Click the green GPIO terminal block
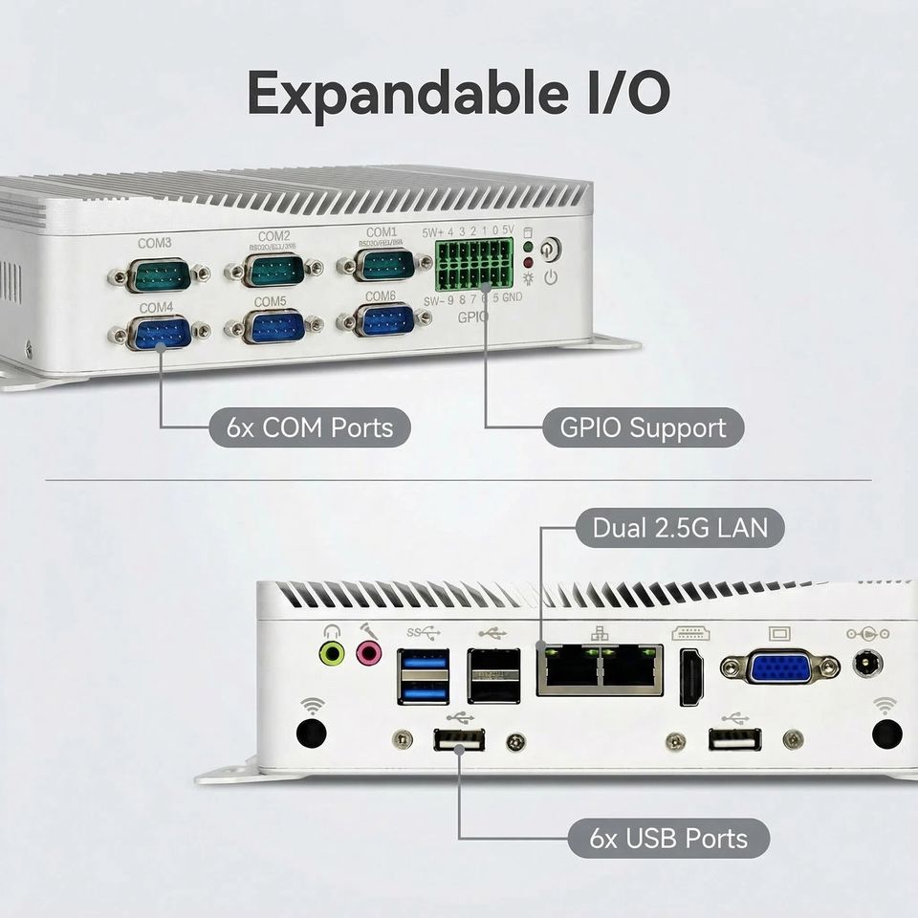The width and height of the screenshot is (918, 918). coord(473,265)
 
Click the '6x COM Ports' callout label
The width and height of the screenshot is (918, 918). coord(310,427)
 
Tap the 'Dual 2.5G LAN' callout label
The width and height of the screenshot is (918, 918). coord(679,527)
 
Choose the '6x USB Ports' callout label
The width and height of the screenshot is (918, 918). coord(668,839)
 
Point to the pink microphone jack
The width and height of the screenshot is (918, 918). coord(367,653)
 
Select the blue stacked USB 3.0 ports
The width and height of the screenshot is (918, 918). coord(423,676)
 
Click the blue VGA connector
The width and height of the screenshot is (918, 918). coord(780,667)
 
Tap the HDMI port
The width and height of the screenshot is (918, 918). coord(691,676)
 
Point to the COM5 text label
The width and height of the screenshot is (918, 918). coord(271,301)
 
